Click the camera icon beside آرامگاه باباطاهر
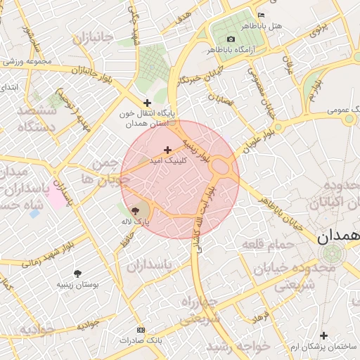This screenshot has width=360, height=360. tap(231, 39)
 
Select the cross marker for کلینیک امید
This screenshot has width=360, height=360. tap(167, 149)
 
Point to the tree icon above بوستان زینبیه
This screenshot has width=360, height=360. tap(77, 273)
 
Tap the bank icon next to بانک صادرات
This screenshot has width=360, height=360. tap(141, 330)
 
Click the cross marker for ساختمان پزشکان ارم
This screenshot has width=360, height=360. tap(323, 335)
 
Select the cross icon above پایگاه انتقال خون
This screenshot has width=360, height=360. tap(147, 103)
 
